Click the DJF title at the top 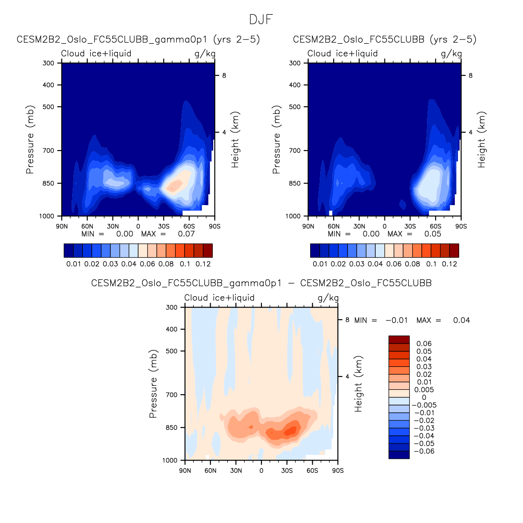[x=261, y=20]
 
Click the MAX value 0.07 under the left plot [x=186, y=234]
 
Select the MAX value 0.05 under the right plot [x=433, y=234]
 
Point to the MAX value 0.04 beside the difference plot [x=461, y=320]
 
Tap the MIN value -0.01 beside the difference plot [x=396, y=320]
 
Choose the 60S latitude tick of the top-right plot [x=435, y=226]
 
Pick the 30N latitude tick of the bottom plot [x=236, y=471]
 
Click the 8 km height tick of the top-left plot [x=224, y=75]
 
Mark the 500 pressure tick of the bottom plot [x=172, y=351]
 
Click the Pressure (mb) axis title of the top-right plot [x=276, y=140]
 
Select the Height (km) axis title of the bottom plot [x=358, y=384]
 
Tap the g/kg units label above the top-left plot [x=205, y=53]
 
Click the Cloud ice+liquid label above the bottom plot [x=219, y=297]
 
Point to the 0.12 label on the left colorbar [x=203, y=264]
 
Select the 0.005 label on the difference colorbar [x=424, y=389]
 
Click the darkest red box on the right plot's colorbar [x=454, y=251]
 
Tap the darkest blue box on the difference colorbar [x=399, y=454]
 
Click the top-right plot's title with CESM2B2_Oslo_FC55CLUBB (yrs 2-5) [x=384, y=39]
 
